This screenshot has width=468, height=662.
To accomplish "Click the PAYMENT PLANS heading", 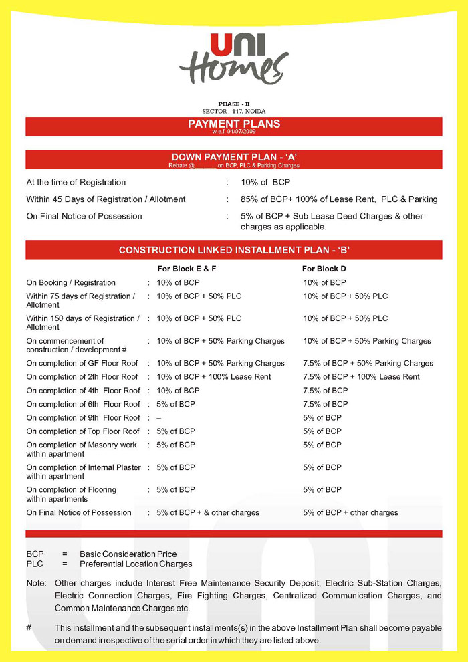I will pos(234,124).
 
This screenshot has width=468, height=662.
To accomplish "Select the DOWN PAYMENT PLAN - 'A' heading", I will pos(234,157).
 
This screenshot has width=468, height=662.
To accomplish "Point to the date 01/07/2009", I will pos(242,132).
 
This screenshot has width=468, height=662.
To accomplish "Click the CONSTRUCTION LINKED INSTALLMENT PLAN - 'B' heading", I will pos(234,250).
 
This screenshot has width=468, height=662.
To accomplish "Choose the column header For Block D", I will pos(324,269).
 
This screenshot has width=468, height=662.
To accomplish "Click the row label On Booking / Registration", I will pos(71,283).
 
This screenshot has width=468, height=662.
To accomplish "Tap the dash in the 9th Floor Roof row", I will pos(159,418).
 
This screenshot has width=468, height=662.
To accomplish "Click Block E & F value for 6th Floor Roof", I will pos(176,404).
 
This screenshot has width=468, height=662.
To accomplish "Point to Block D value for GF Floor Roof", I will pos(368,364).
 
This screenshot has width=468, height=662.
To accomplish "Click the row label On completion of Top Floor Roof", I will pos(83,431).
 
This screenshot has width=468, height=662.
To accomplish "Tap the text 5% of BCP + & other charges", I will pos(208,513).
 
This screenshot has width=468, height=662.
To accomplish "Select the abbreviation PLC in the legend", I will pos(35,564).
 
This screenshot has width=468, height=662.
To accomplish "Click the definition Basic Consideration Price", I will pos(128,554).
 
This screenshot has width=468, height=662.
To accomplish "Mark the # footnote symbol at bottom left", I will pos(29,628).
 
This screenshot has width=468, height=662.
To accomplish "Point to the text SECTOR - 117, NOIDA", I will pos(233,110).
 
